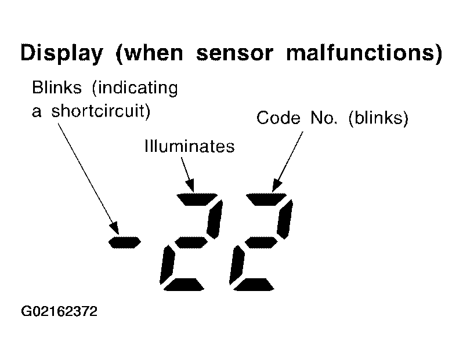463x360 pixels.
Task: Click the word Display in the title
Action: (62, 53)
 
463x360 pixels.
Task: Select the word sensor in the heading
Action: (234, 53)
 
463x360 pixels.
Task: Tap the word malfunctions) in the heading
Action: (364, 53)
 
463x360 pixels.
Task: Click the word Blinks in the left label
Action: (57, 88)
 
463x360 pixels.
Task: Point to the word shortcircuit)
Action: (101, 111)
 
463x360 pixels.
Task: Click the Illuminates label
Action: (190, 146)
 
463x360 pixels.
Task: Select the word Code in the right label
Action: (278, 118)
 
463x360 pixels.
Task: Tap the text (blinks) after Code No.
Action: (378, 118)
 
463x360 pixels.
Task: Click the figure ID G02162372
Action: (59, 311)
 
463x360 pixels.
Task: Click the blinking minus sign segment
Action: (125, 242)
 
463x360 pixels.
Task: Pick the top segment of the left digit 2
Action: (197, 199)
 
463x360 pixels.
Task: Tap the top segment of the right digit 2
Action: (266, 199)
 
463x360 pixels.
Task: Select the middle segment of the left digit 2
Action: (191, 242)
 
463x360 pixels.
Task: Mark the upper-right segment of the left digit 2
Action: (215, 219)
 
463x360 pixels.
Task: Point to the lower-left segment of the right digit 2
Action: (237, 265)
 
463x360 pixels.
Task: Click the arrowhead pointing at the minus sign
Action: (114, 229)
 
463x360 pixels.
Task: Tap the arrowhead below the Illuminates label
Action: (190, 186)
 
